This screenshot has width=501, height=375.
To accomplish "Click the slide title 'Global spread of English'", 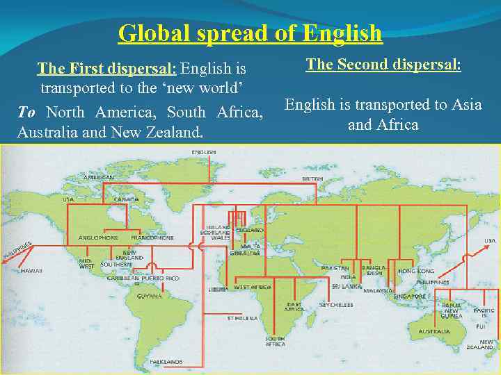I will coord(250,33).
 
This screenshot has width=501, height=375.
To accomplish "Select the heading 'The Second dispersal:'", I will coord(383,65).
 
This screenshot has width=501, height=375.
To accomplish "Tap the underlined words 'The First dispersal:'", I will coord(108,69).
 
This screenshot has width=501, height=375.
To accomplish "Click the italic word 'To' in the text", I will coord(26,112).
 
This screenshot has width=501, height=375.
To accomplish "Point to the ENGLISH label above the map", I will coord(203,151).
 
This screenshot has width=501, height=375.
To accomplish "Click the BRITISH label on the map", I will coord(312,178).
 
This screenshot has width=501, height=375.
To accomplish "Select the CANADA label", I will coord(127,199).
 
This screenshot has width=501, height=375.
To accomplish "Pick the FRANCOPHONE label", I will coord(152,237).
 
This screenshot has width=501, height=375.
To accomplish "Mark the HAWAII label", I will coord(32,269).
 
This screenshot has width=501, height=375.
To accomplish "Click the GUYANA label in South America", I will coord(150,296).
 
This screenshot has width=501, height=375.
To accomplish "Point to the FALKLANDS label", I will coord(167,362).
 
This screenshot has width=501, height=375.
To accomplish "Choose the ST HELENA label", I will coord(242,318).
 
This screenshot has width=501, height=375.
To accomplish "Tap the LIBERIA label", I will coord(219,289).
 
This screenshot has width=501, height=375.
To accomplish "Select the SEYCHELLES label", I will coord(336,305).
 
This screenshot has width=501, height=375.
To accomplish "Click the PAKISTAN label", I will coord(335,268).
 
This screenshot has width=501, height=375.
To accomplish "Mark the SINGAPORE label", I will coord(410,296).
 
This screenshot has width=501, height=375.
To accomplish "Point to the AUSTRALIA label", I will coord(434,331).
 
